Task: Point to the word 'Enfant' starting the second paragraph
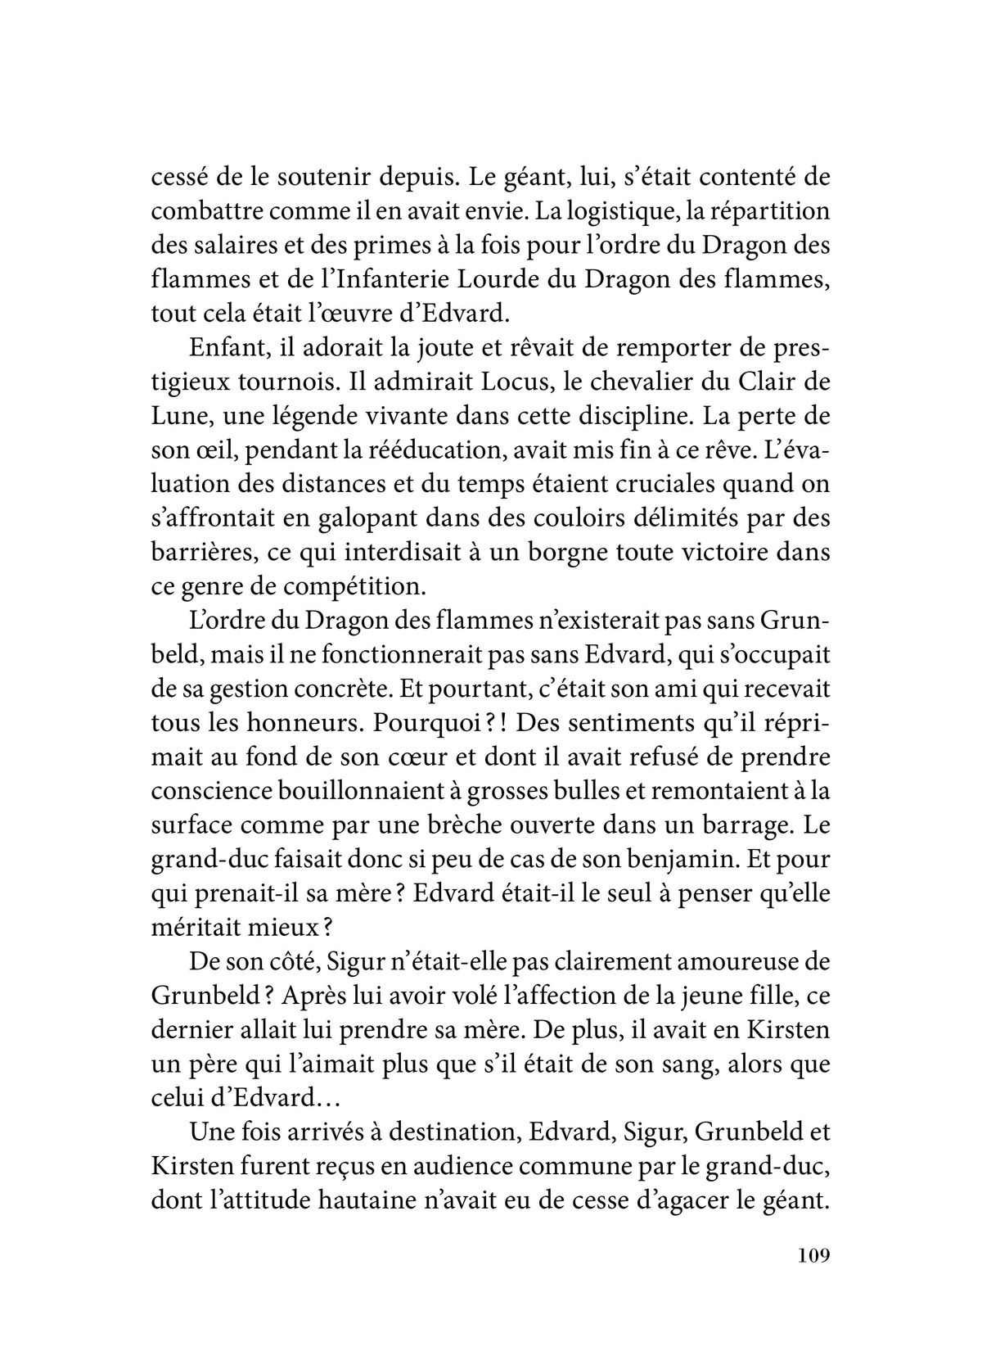coord(218,347)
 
